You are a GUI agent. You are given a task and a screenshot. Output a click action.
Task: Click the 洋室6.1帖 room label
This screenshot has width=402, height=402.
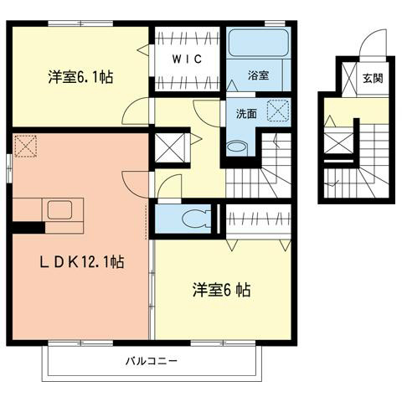pyautogui.click(x=80, y=76)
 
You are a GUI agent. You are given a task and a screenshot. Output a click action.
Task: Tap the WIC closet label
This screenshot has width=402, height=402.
pyautogui.click(x=187, y=60)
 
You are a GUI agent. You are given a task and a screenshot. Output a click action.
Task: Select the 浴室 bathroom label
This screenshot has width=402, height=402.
pyautogui.click(x=258, y=75)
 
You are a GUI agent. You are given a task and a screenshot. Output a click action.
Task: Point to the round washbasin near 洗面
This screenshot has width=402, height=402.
pyautogui.click(x=238, y=146)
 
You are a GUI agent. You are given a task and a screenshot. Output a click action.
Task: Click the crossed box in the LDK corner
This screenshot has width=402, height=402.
pyautogui.click(x=26, y=147)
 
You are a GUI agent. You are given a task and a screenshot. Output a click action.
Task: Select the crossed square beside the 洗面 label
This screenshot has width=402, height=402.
pyautogui.click(x=276, y=111)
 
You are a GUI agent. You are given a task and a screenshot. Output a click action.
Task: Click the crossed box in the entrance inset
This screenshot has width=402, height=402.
pyautogui.click(x=338, y=143)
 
